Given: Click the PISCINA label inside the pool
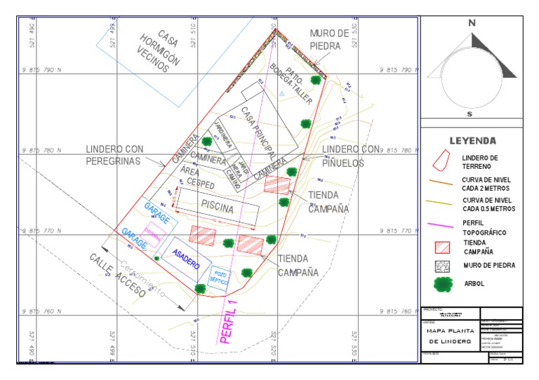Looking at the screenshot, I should [217, 205].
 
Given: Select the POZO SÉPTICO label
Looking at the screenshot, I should [221, 277].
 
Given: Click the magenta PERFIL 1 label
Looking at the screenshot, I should [230, 320].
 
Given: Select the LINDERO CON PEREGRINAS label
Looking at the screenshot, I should [114, 155].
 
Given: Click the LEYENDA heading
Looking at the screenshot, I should [472, 140].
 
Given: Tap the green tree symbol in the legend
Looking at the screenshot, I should [443, 284].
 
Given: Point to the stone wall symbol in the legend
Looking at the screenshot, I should [443, 266].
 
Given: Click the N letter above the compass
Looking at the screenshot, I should [472, 23].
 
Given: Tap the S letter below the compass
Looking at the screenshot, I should [470, 114].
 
